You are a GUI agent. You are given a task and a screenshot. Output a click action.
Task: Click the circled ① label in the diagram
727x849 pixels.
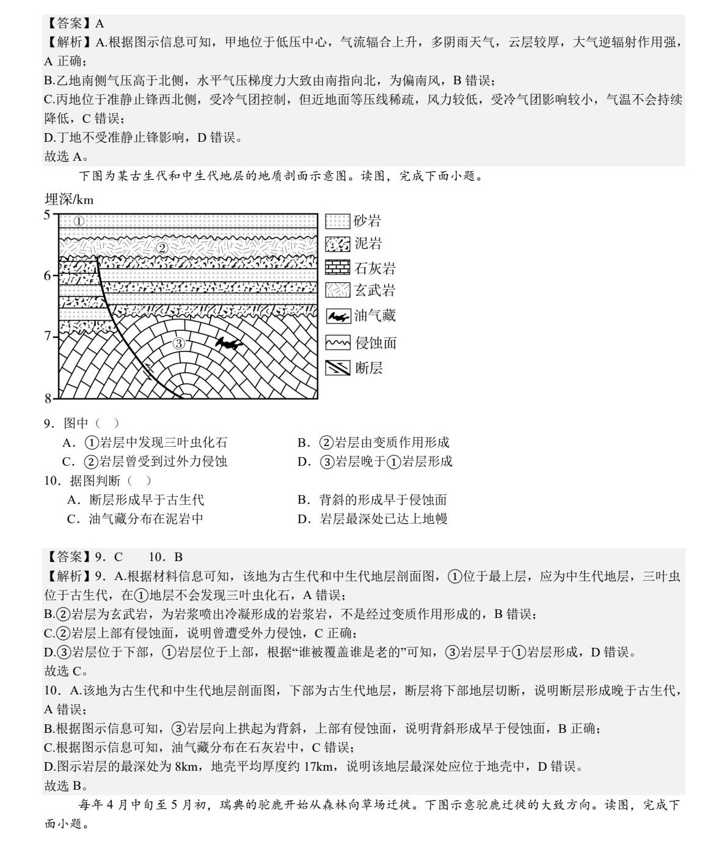[79, 221]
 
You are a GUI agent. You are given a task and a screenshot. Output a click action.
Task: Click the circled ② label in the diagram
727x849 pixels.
[162, 248]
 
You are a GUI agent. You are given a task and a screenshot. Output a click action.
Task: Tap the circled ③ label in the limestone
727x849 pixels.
[178, 344]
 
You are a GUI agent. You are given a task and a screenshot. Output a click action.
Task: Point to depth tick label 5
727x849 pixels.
[47, 215]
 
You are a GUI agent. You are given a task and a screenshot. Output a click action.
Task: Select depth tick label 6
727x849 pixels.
[47, 276]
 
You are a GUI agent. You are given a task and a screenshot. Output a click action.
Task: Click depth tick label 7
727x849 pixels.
[47, 336]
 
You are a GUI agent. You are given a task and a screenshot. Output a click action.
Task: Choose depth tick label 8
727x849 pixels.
[48, 399]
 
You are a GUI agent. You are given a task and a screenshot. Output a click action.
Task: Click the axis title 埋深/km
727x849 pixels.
[69, 199]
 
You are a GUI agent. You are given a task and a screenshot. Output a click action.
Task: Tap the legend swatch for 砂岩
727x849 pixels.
[337, 221]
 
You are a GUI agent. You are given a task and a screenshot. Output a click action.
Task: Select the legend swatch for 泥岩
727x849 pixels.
[337, 244]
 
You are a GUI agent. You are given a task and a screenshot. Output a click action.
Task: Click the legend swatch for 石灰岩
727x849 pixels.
[337, 268]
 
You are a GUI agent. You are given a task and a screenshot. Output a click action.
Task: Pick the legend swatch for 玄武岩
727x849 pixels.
[337, 290]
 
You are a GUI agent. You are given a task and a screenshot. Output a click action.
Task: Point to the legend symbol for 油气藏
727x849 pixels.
[338, 316]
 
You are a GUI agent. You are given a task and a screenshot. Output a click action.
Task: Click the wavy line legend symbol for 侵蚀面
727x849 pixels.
[338, 343]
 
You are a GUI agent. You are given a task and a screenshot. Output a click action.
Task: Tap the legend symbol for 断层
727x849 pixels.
[338, 368]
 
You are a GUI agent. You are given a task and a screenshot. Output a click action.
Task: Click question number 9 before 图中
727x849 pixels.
[49, 423]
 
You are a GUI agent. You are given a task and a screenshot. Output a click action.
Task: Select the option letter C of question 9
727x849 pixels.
[68, 461]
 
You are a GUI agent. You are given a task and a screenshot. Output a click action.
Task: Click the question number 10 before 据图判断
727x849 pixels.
[51, 481]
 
